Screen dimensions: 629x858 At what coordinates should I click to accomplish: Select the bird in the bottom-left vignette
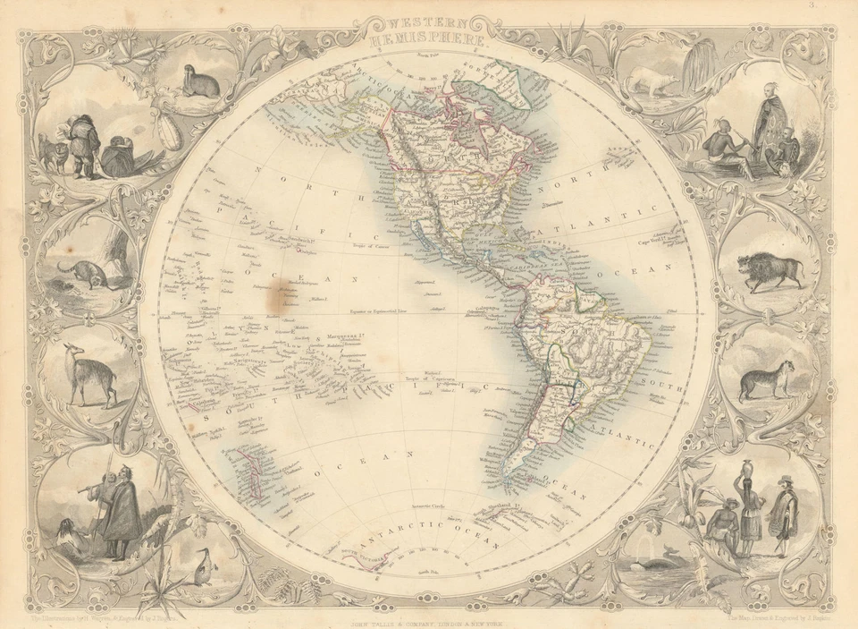[202, 565]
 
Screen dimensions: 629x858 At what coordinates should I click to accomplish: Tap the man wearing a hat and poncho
[784, 514]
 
